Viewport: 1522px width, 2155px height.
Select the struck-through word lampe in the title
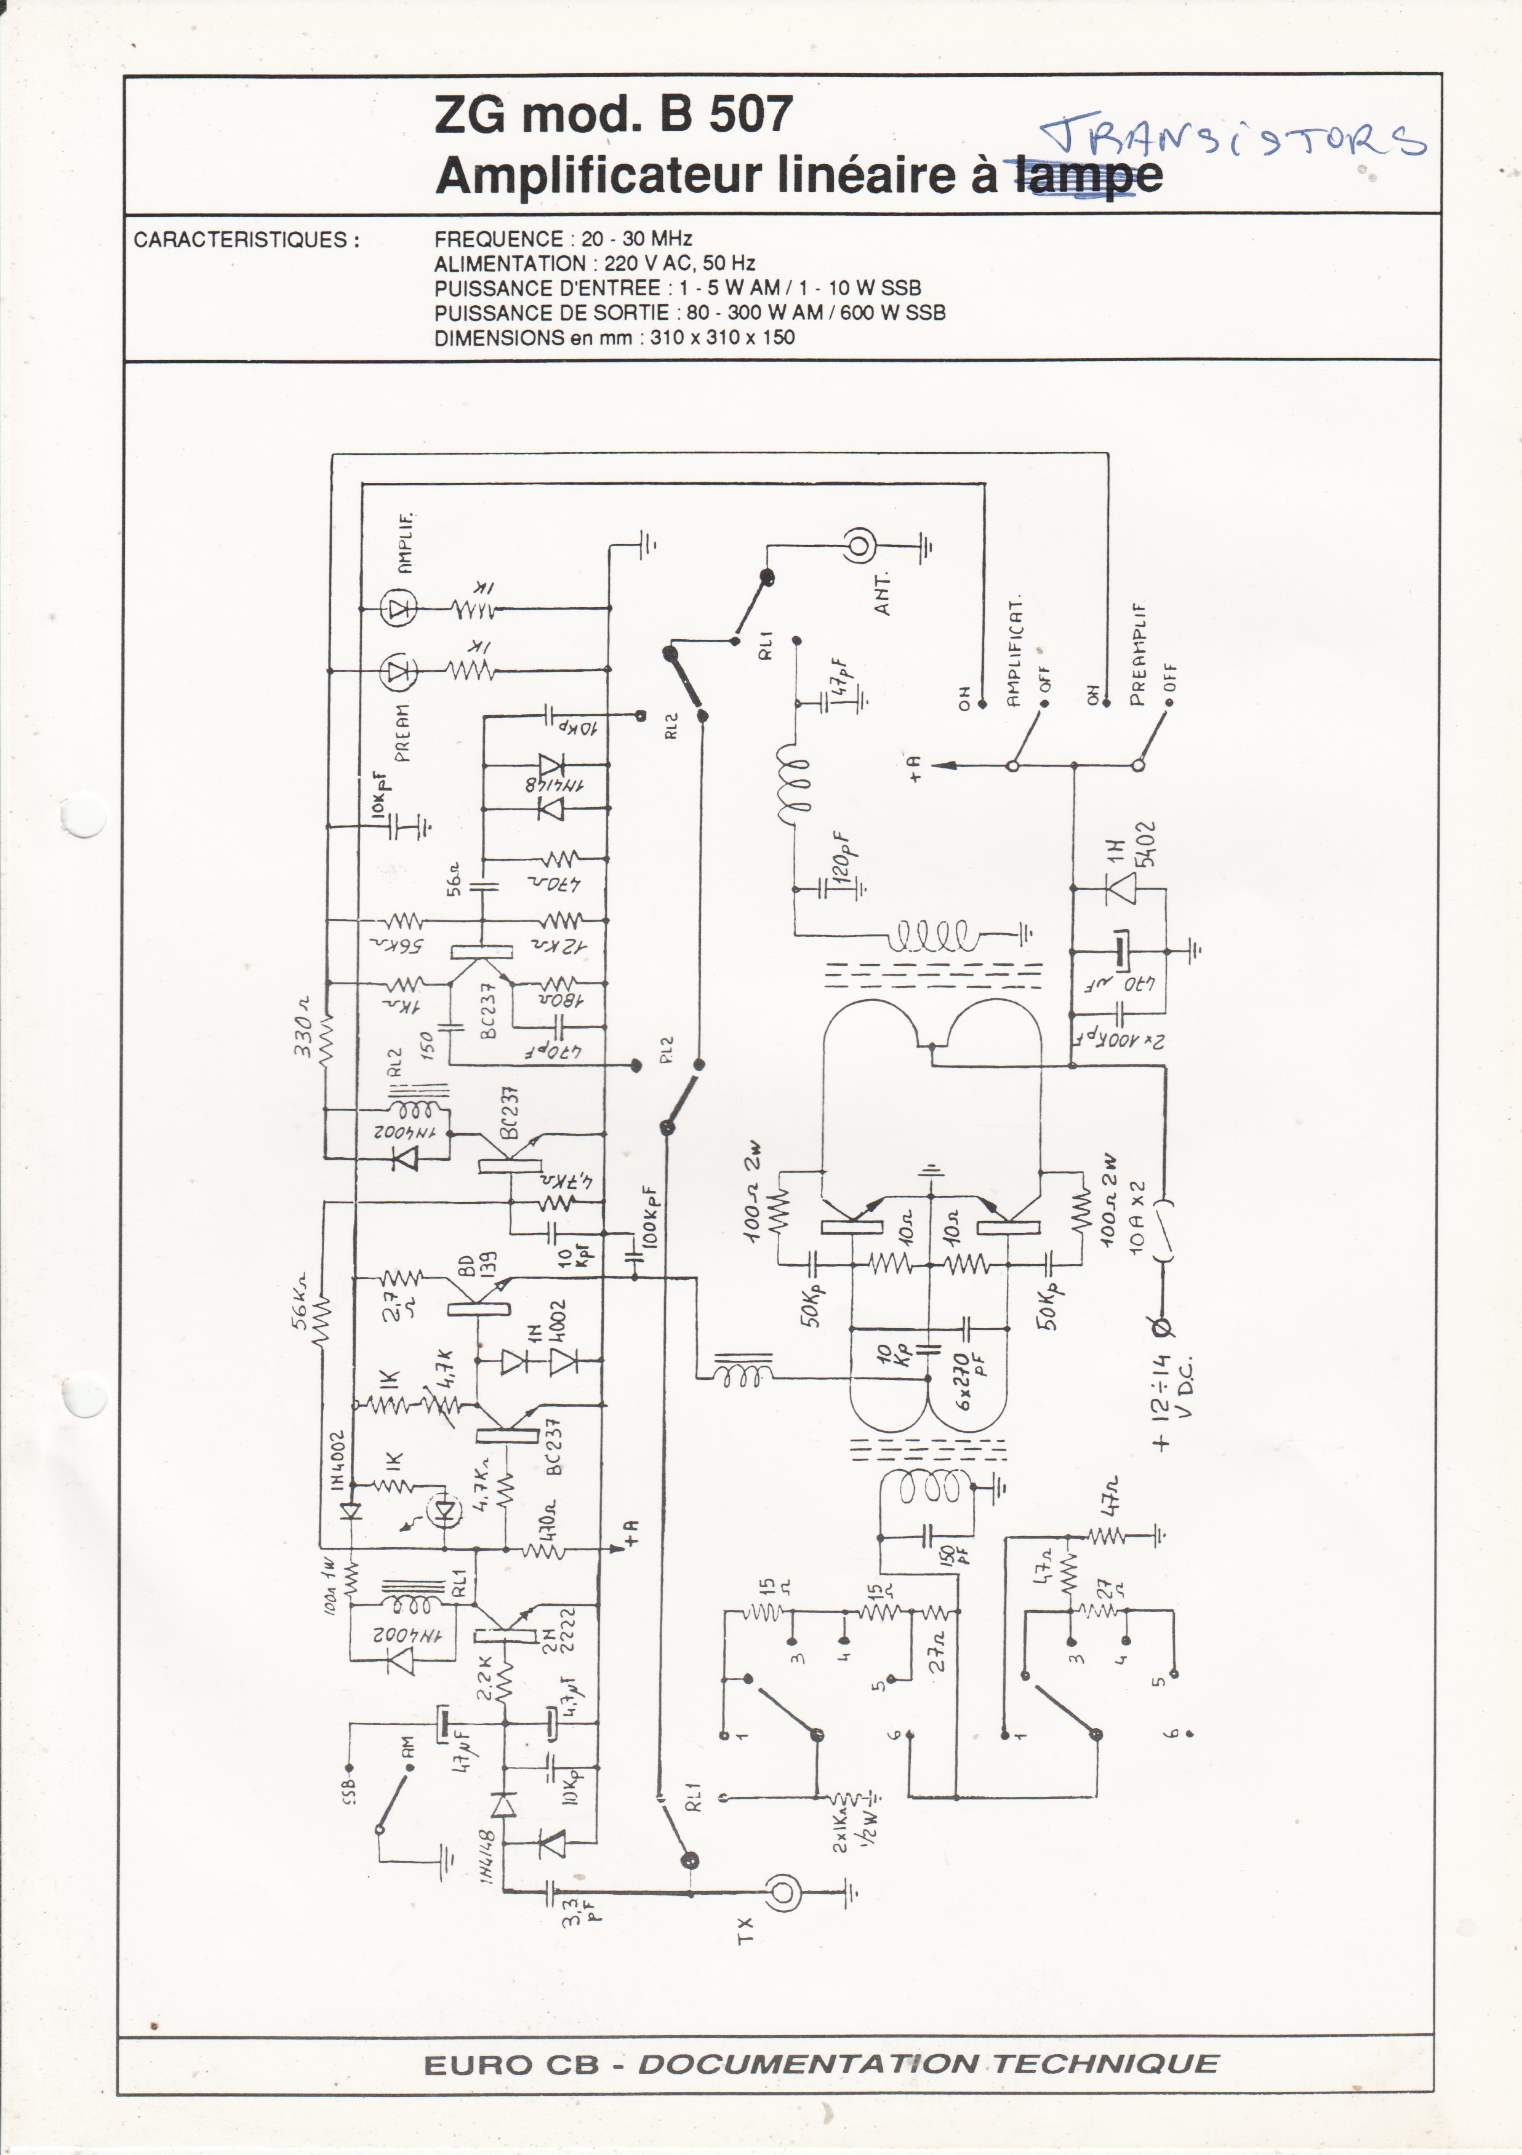point(1088,175)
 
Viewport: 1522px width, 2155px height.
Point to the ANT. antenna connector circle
point(859,543)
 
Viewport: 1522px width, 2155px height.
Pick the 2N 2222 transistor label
point(559,1630)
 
